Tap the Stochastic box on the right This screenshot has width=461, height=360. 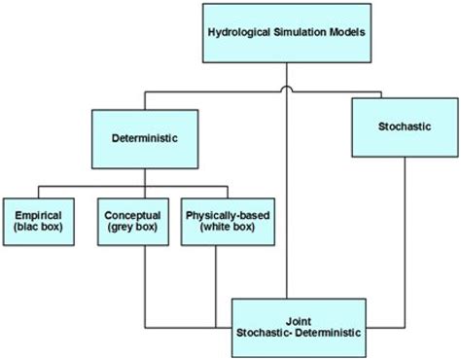tap(404, 127)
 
